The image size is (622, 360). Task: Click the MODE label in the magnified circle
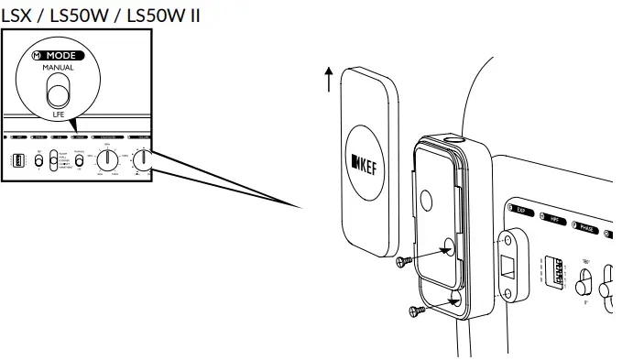pyautogui.click(x=62, y=56)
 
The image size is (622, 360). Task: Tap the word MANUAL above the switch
pyautogui.click(x=58, y=69)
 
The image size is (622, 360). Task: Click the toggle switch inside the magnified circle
pyautogui.click(x=59, y=93)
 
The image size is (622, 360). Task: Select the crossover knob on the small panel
pyautogui.click(x=108, y=159)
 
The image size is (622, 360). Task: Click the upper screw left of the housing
pyautogui.click(x=404, y=263)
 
